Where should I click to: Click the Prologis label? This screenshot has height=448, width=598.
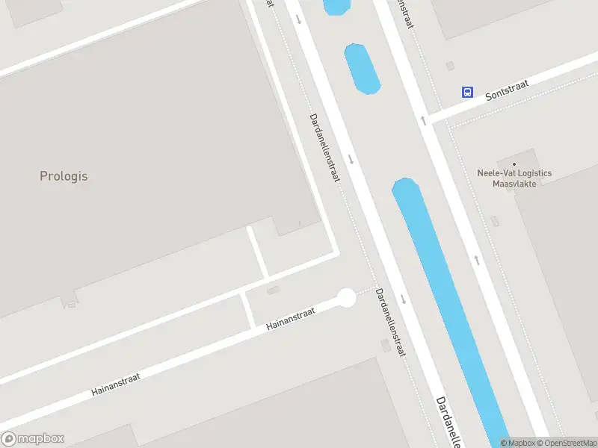[64, 176]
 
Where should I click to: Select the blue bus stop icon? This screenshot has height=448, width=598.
[467, 92]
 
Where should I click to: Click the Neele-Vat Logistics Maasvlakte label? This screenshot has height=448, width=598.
[514, 178]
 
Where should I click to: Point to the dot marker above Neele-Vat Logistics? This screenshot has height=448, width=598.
[514, 164]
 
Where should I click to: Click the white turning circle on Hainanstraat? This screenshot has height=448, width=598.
[346, 298]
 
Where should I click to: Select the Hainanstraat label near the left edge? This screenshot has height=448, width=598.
[116, 381]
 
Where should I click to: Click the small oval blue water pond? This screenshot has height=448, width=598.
[362, 69]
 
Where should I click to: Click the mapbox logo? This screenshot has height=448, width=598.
[33, 439]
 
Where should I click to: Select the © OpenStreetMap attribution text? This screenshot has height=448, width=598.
[566, 443]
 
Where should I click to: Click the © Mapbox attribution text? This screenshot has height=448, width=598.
[517, 443]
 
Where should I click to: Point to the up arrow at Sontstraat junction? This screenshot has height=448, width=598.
[423, 119]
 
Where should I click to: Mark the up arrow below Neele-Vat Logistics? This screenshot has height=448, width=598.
[475, 260]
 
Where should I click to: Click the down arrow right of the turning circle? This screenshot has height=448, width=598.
[403, 299]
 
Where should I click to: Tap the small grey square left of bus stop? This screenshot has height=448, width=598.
[449, 66]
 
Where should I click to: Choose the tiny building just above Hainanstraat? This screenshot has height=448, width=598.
[273, 290]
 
